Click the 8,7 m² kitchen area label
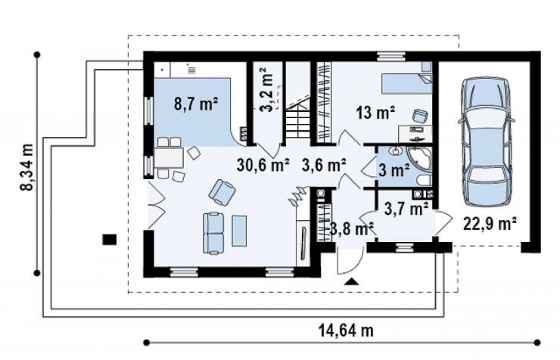196,104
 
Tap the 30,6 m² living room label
263,165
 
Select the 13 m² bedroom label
375,113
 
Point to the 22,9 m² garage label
490,224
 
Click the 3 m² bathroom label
394,170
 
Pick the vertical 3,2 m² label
267,89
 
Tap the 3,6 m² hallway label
324,165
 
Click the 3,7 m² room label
406,209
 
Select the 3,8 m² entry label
352,228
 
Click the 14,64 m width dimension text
346,331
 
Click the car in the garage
487,141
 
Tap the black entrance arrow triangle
351,282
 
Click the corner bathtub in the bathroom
419,158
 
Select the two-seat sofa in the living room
213,234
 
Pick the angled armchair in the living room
222,192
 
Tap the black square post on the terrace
110,240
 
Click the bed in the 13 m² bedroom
407,83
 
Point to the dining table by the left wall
169,158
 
